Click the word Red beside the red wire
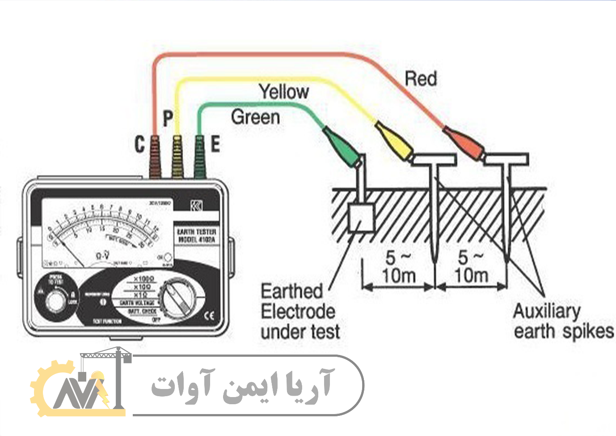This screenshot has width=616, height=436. click(x=420, y=79)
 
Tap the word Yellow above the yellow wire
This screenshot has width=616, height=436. click(x=284, y=92)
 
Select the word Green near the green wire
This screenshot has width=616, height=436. click(x=255, y=117)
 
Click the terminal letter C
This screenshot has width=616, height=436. click(x=140, y=145)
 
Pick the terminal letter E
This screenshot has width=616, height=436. click(x=215, y=145)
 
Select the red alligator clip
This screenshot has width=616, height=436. click(x=464, y=141)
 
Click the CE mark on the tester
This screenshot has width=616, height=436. click(x=209, y=315)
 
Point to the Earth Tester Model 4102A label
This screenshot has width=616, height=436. click(x=197, y=236)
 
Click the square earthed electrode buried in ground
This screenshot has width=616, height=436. click(x=361, y=218)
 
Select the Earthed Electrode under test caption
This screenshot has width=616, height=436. click(x=300, y=312)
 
